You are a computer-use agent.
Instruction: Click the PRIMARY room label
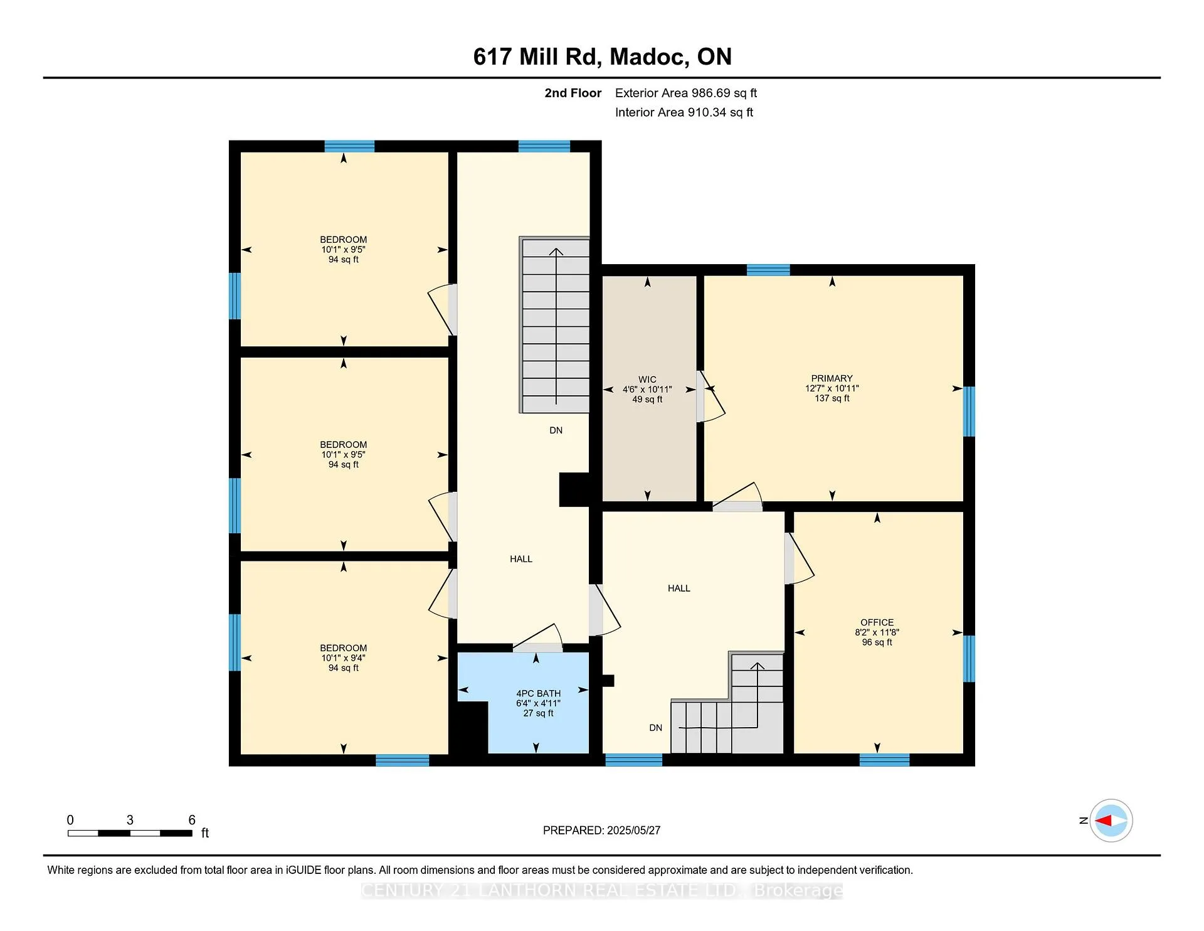point(832,378)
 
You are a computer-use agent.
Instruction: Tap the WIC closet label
point(647,380)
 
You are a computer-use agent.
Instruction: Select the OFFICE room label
point(877,622)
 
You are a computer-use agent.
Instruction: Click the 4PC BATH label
point(538,693)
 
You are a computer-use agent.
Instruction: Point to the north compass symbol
point(1111,821)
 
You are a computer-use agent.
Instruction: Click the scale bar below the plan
point(130,833)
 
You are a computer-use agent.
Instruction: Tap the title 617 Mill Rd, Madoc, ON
point(602,56)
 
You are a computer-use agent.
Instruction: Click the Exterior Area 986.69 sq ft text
point(686,93)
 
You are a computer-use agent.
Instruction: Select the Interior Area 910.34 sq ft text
point(684,112)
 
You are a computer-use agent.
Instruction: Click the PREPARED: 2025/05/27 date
point(601,830)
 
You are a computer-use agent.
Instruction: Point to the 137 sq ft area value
point(832,398)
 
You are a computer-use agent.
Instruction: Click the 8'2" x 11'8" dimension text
point(877,632)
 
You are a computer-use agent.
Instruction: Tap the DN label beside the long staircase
point(556,430)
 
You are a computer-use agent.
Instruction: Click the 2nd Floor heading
point(573,93)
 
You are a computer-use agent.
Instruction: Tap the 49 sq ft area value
point(647,400)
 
